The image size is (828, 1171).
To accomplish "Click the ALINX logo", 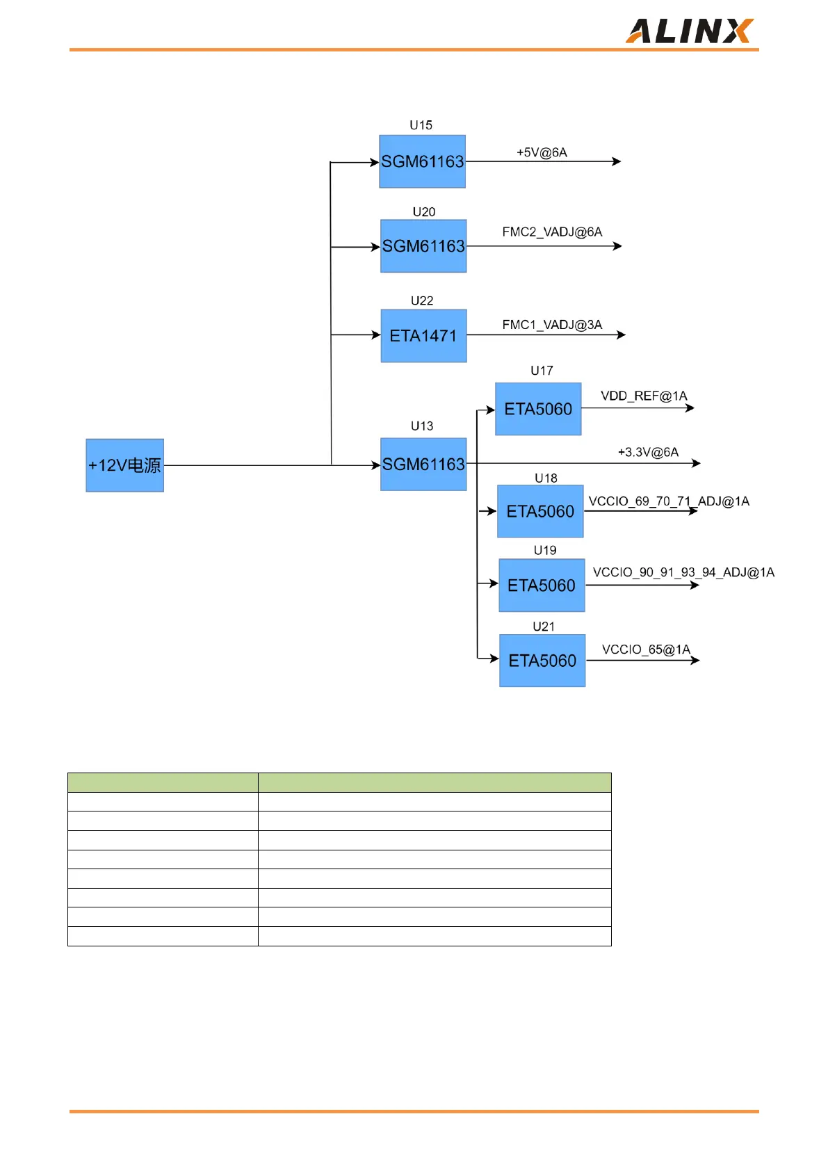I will [689, 31].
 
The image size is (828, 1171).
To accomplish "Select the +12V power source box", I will [125, 465].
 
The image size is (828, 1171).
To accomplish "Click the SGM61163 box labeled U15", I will [422, 161].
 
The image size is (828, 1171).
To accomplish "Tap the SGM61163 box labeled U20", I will [423, 246].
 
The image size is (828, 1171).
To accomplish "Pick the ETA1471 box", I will [423, 336].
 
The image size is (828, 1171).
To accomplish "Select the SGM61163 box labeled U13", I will [423, 464].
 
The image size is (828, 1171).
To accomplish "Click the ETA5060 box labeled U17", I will [538, 409].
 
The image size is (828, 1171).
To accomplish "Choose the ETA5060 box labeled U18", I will [540, 511].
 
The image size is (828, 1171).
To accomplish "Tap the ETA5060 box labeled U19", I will [542, 585].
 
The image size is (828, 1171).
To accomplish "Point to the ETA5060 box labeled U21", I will [542, 661].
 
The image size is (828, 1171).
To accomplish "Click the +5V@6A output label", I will [542, 152].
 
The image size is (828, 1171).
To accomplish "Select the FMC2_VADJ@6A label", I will [552, 232].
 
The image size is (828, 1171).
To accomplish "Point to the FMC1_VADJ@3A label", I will [552, 325].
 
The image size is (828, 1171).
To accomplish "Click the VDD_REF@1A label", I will [644, 396].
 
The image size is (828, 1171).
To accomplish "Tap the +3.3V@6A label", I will [648, 452].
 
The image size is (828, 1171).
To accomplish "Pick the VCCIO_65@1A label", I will [646, 649].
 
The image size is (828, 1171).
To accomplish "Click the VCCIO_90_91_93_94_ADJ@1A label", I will [683, 572].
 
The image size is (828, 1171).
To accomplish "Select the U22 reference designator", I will [422, 300].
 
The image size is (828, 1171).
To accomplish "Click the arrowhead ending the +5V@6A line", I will [617, 161].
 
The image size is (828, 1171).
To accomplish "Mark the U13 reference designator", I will [422, 426].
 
